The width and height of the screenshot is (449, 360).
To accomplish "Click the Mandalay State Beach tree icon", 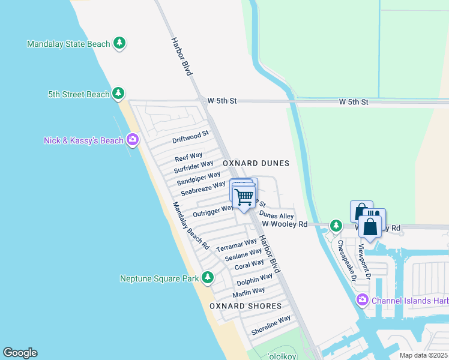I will (x=120, y=43).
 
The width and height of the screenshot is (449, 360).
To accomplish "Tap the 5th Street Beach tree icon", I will (x=118, y=94).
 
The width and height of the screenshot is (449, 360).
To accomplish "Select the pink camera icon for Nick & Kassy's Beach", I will (x=132, y=140).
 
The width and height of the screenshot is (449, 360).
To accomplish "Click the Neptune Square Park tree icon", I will (x=208, y=278).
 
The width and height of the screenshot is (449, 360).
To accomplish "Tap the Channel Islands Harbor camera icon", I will (x=362, y=300).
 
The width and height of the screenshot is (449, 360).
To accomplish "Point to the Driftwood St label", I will (x=190, y=137).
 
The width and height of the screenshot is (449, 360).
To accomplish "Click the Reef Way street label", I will (x=188, y=157).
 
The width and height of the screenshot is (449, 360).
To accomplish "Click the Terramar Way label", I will (x=237, y=245).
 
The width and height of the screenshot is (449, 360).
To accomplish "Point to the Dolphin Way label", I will (x=255, y=279).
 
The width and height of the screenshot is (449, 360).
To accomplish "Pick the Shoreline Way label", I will (x=271, y=325).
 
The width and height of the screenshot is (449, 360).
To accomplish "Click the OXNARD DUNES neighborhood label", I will (x=256, y=163).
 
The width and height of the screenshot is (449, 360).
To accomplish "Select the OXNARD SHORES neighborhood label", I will (x=246, y=306).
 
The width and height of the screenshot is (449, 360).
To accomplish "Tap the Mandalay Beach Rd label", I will (x=191, y=226).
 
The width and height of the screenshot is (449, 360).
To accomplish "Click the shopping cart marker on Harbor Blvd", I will (x=244, y=197).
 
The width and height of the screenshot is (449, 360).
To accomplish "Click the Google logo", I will (x=20, y=353).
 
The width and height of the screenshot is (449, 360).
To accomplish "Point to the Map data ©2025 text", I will (x=423, y=355).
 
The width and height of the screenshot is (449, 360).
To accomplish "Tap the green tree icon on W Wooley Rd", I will (x=336, y=226).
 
